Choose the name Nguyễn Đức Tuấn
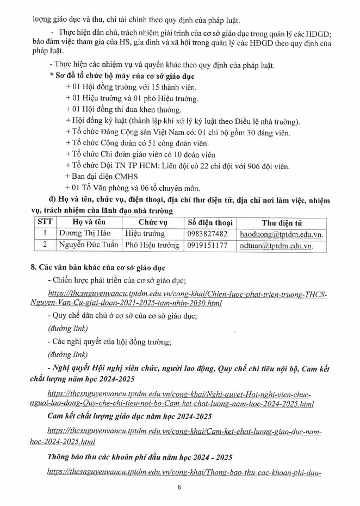[x=88, y=246]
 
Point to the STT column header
[x=45, y=222]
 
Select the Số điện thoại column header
[x=210, y=222]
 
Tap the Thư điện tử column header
[x=282, y=222]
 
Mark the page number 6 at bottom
[x=178, y=487]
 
